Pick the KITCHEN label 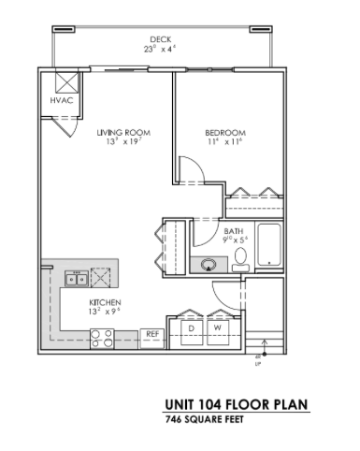[x=104, y=303]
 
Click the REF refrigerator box [x=152, y=333]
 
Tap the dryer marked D [x=192, y=327]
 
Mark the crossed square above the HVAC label [x=66, y=80]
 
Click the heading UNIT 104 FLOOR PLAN [x=236, y=405]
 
